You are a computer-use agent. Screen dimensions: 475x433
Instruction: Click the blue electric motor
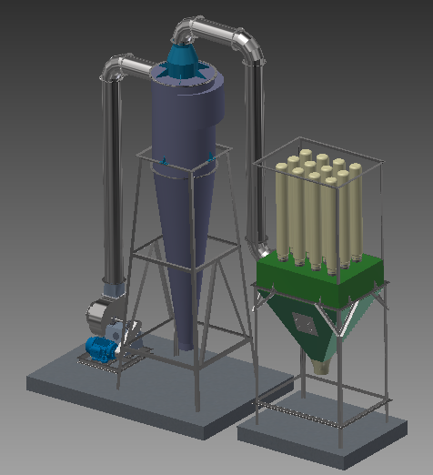point(98,348)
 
